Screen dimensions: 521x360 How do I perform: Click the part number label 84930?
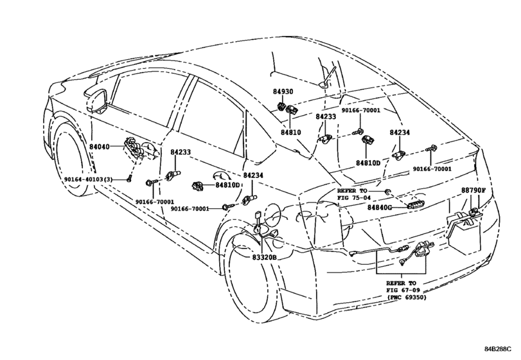pos(283,91)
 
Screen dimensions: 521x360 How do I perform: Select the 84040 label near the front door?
pos(99,147)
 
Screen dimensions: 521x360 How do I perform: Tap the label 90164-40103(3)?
pos(89,179)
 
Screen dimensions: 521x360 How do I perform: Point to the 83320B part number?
pos(264,257)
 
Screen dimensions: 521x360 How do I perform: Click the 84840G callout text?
pos(380,208)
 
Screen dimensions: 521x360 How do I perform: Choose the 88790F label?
pos(473,190)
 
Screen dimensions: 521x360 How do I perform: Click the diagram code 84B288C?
pos(497,348)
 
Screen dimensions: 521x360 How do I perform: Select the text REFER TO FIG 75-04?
pos(352,194)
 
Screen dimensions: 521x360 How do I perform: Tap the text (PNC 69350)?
pos(407,297)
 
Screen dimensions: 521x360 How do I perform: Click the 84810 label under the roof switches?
pos(291,132)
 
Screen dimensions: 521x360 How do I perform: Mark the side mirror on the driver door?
pos(97,101)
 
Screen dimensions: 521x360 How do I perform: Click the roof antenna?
pos(328,78)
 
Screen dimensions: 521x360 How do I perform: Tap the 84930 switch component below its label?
pos(282,107)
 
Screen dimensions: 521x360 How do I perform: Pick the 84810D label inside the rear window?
pos(368,163)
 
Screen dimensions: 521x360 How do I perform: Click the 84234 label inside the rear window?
pos(400,132)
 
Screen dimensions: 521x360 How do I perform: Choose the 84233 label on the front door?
pos(181,152)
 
